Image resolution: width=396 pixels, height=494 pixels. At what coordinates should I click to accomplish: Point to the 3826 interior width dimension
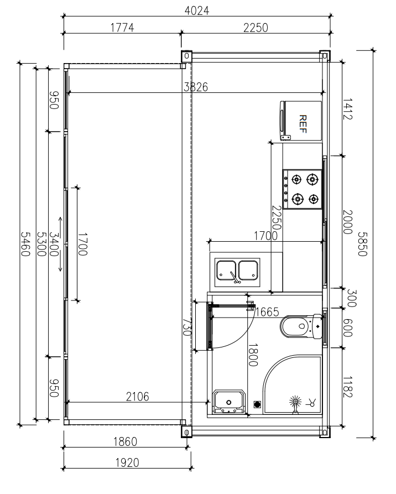pos(196,87)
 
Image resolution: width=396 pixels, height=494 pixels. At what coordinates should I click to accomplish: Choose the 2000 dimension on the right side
pos(347,222)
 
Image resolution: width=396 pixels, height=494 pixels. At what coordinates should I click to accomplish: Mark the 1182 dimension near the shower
pos(347,386)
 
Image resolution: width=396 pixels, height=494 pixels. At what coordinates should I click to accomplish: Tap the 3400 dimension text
pos(54,244)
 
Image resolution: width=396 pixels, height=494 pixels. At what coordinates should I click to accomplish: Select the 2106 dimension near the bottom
pos(137,396)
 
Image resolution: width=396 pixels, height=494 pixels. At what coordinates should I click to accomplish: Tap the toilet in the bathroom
pos(300,326)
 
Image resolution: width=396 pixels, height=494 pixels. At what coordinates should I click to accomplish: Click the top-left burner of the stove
pos(297,179)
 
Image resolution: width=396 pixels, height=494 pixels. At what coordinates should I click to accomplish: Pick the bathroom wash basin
pos(228,401)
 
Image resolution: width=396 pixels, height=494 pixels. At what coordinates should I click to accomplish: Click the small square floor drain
pos(257,404)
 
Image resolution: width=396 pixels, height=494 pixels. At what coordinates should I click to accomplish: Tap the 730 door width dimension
pos(187,327)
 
